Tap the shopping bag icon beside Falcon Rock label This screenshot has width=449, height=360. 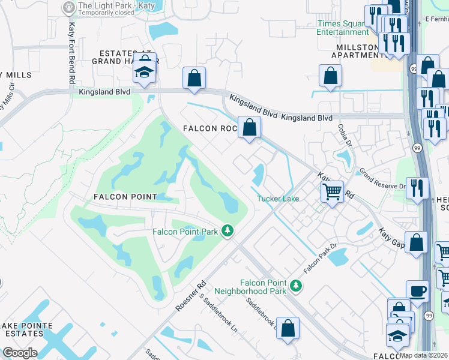(x=249, y=127)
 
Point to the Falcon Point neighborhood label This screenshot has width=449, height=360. (x=125, y=197)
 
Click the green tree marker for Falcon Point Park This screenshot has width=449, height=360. (x=228, y=230)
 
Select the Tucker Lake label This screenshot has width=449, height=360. (x=278, y=199)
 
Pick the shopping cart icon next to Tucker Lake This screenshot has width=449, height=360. (x=332, y=192)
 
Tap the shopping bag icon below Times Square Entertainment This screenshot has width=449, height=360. (x=330, y=76)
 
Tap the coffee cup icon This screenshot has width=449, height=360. (x=418, y=292)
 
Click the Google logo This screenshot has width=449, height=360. (x=20, y=353)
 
